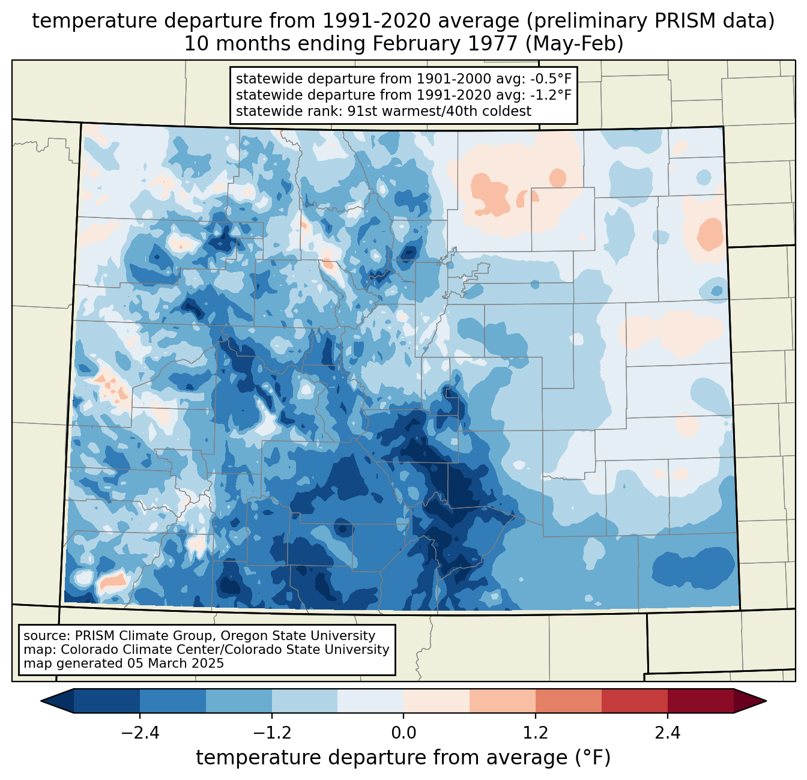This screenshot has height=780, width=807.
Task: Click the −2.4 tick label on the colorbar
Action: pyautogui.click(x=140, y=733)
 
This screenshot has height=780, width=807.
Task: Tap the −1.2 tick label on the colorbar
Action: pyautogui.click(x=271, y=733)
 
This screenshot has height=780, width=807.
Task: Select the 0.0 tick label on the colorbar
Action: pyautogui.click(x=403, y=733)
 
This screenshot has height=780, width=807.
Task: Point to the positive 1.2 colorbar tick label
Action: pyautogui.click(x=536, y=733)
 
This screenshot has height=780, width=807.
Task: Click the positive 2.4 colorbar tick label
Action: pyautogui.click(x=667, y=733)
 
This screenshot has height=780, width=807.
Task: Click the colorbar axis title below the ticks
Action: pyautogui.click(x=403, y=758)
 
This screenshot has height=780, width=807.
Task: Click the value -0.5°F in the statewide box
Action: pyautogui.click(x=548, y=79)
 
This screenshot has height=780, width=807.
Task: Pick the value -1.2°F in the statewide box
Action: pyautogui.click(x=548, y=95)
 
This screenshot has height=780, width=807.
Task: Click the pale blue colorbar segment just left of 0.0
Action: pyautogui.click(x=370, y=701)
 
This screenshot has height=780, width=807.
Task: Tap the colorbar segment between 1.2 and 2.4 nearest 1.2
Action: pyautogui.click(x=568, y=701)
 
